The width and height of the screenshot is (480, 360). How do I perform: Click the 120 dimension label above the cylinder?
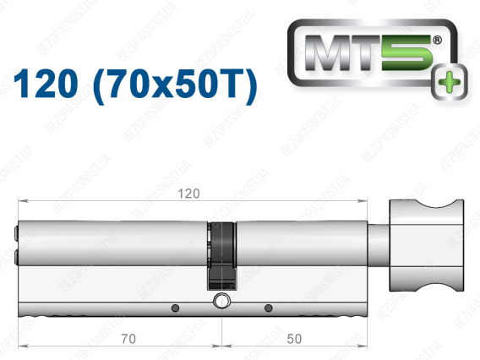coord(189,194)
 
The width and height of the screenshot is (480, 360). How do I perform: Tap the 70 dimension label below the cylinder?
coord(128,339)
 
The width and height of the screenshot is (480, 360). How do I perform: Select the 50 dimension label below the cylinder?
coord(294,339)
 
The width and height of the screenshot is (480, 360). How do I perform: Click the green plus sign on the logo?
coord(449,82)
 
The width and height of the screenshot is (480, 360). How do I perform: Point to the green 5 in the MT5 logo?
coord(406,52)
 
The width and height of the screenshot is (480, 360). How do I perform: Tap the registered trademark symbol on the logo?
coord(437,40)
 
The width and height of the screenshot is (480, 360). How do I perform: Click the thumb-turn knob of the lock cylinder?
coord(427,245)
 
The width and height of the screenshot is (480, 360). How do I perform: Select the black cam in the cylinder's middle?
coord(222,256)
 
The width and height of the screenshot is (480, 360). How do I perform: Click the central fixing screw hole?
coord(221,301)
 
